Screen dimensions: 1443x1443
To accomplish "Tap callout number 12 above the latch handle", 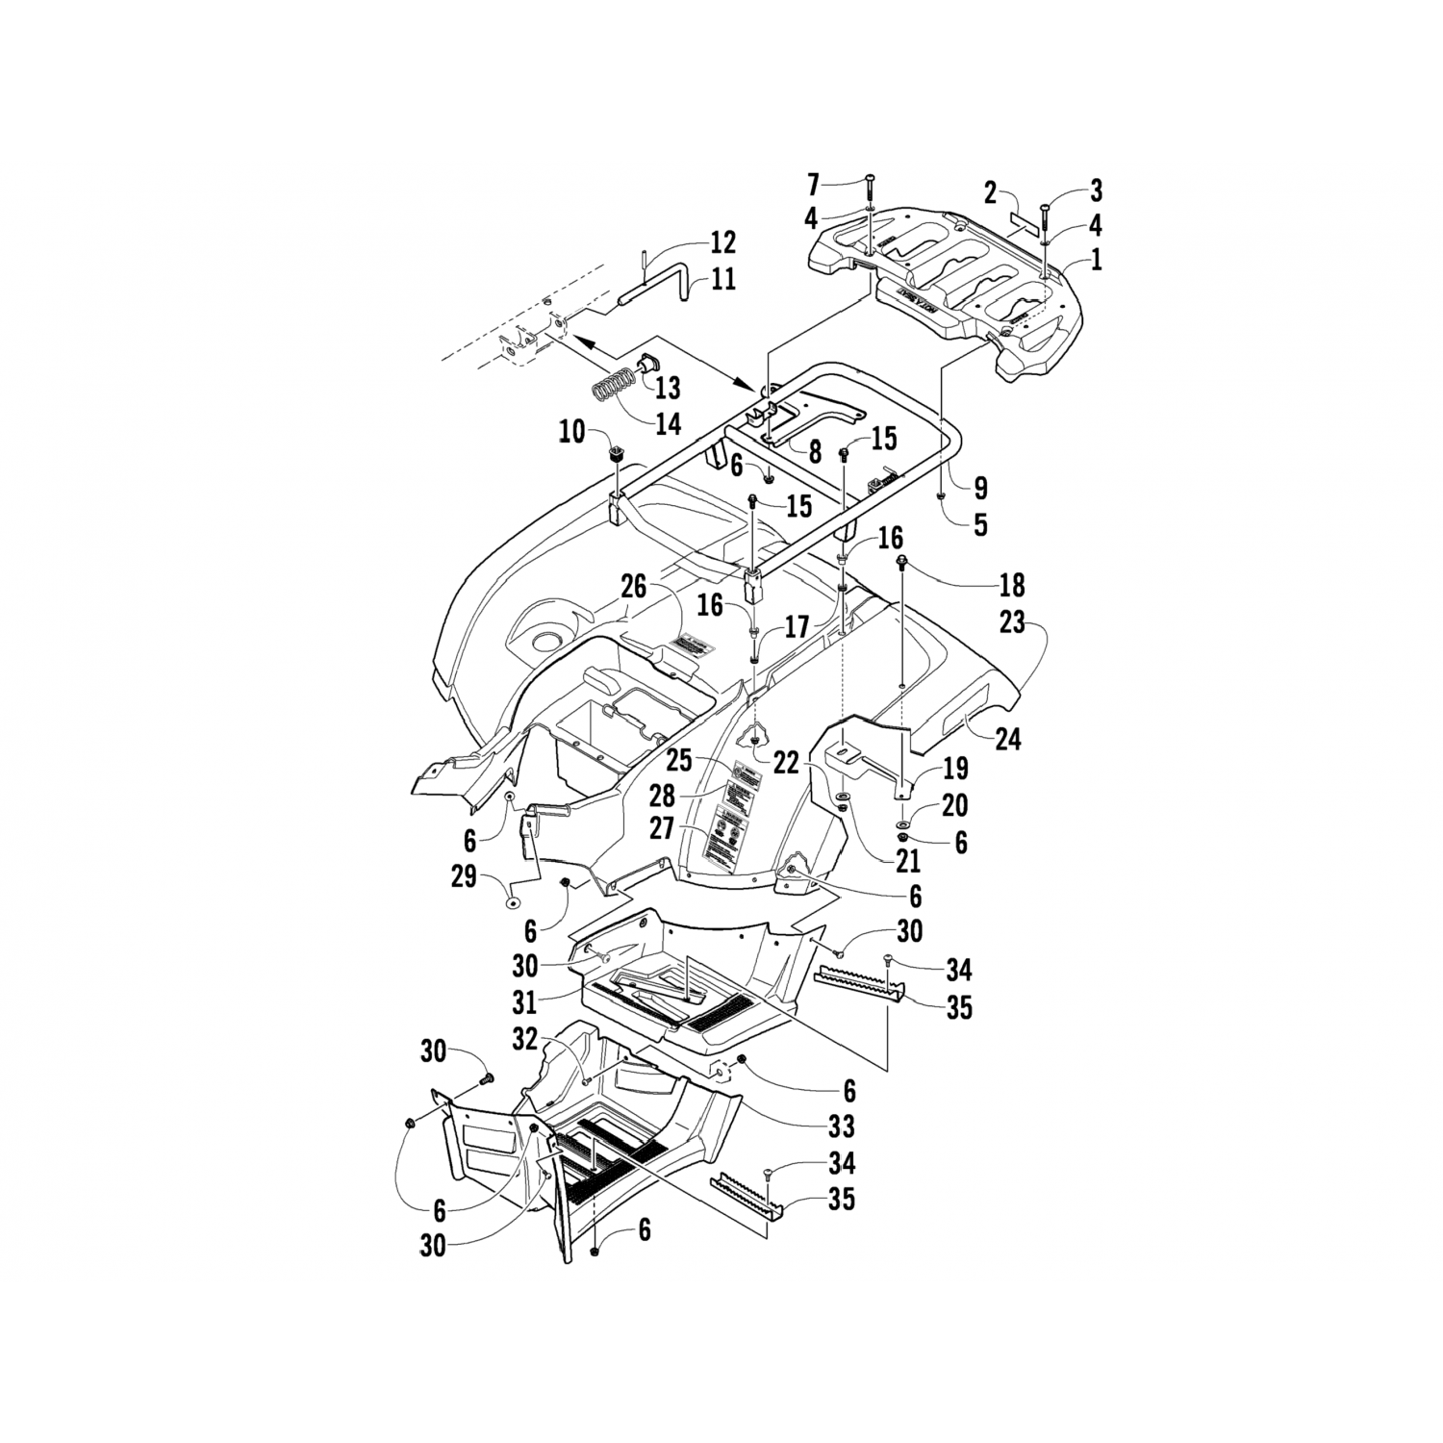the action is (722, 241).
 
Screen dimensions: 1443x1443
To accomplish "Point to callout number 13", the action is (668, 388).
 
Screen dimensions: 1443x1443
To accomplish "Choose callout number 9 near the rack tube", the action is (980, 488).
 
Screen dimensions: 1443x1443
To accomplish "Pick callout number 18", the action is (1012, 584).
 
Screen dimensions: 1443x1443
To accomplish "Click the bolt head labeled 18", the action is (903, 561).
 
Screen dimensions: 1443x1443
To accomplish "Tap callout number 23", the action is (1011, 622).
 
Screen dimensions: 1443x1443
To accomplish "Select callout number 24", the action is (1008, 739).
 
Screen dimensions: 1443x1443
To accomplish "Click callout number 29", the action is (464, 877).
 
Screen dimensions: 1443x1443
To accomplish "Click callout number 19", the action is (956, 770).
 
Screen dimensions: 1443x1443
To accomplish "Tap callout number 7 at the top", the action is (814, 182).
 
